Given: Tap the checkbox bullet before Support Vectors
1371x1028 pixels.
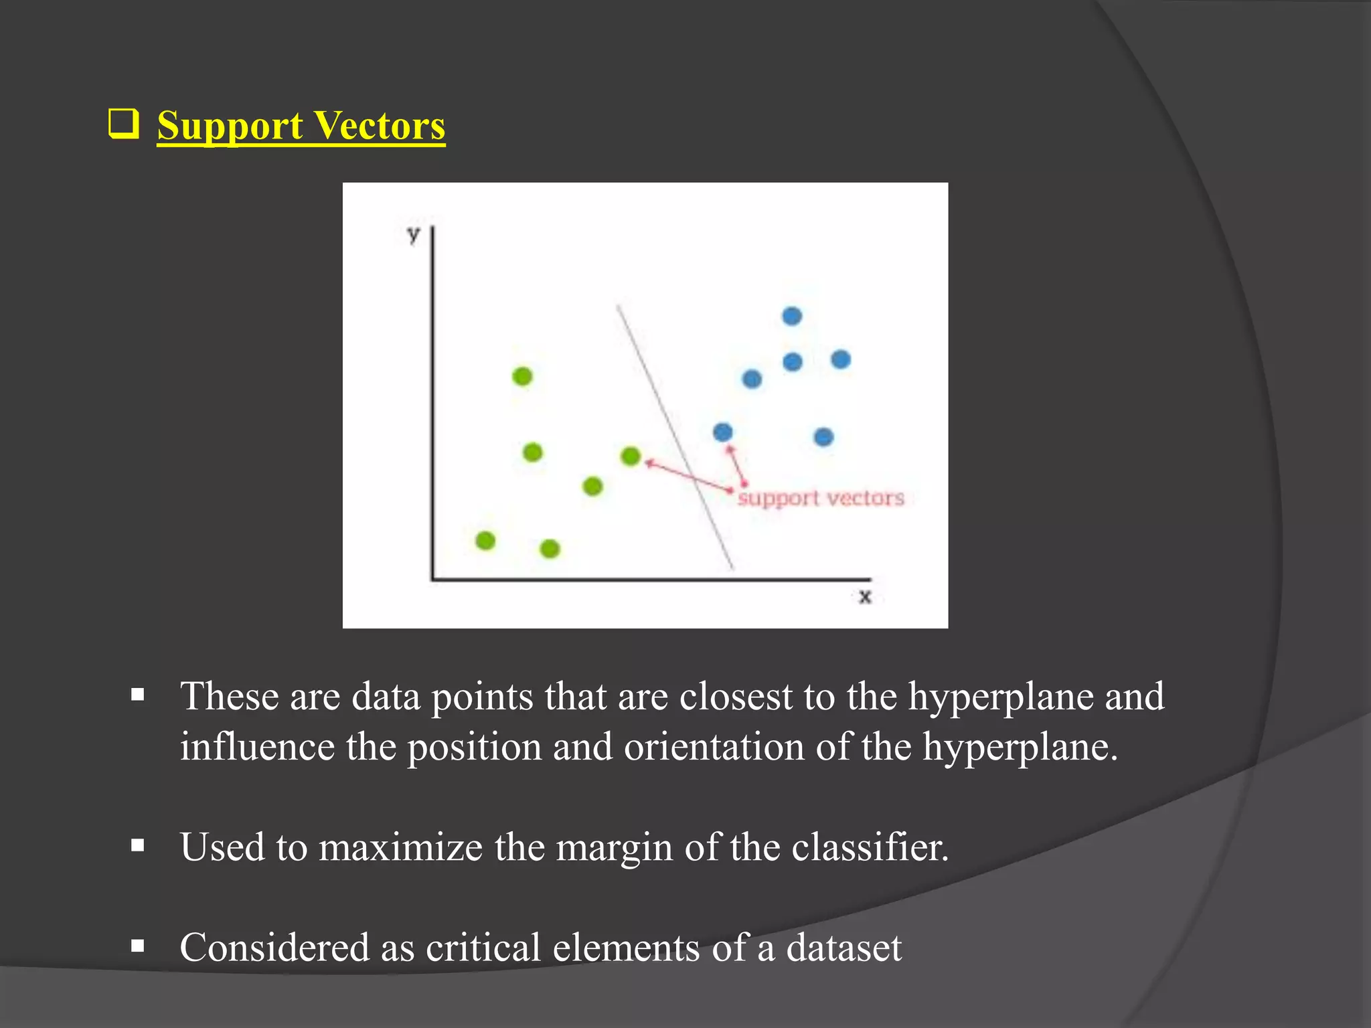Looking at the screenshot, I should coord(123,124).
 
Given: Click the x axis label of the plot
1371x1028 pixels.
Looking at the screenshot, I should coord(865,596).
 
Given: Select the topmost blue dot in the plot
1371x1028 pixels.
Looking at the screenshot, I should coord(792,316).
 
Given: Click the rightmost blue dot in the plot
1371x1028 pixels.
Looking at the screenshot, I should coord(841,360).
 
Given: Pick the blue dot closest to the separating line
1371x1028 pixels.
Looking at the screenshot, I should coord(723,432).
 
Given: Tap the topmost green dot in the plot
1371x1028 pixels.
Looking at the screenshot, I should coord(522,377).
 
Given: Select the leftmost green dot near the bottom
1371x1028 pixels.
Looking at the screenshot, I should coord(485,540).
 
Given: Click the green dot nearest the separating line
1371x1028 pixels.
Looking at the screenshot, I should coord(631,456).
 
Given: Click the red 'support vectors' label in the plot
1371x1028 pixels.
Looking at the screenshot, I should coord(821,499).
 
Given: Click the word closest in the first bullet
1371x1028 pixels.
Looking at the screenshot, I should coord(736,697).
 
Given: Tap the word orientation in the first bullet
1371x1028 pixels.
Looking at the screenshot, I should coord(714,747).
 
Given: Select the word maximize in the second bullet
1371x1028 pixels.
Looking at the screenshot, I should coord(400,847).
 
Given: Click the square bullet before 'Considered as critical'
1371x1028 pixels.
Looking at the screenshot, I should coord(138,946).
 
